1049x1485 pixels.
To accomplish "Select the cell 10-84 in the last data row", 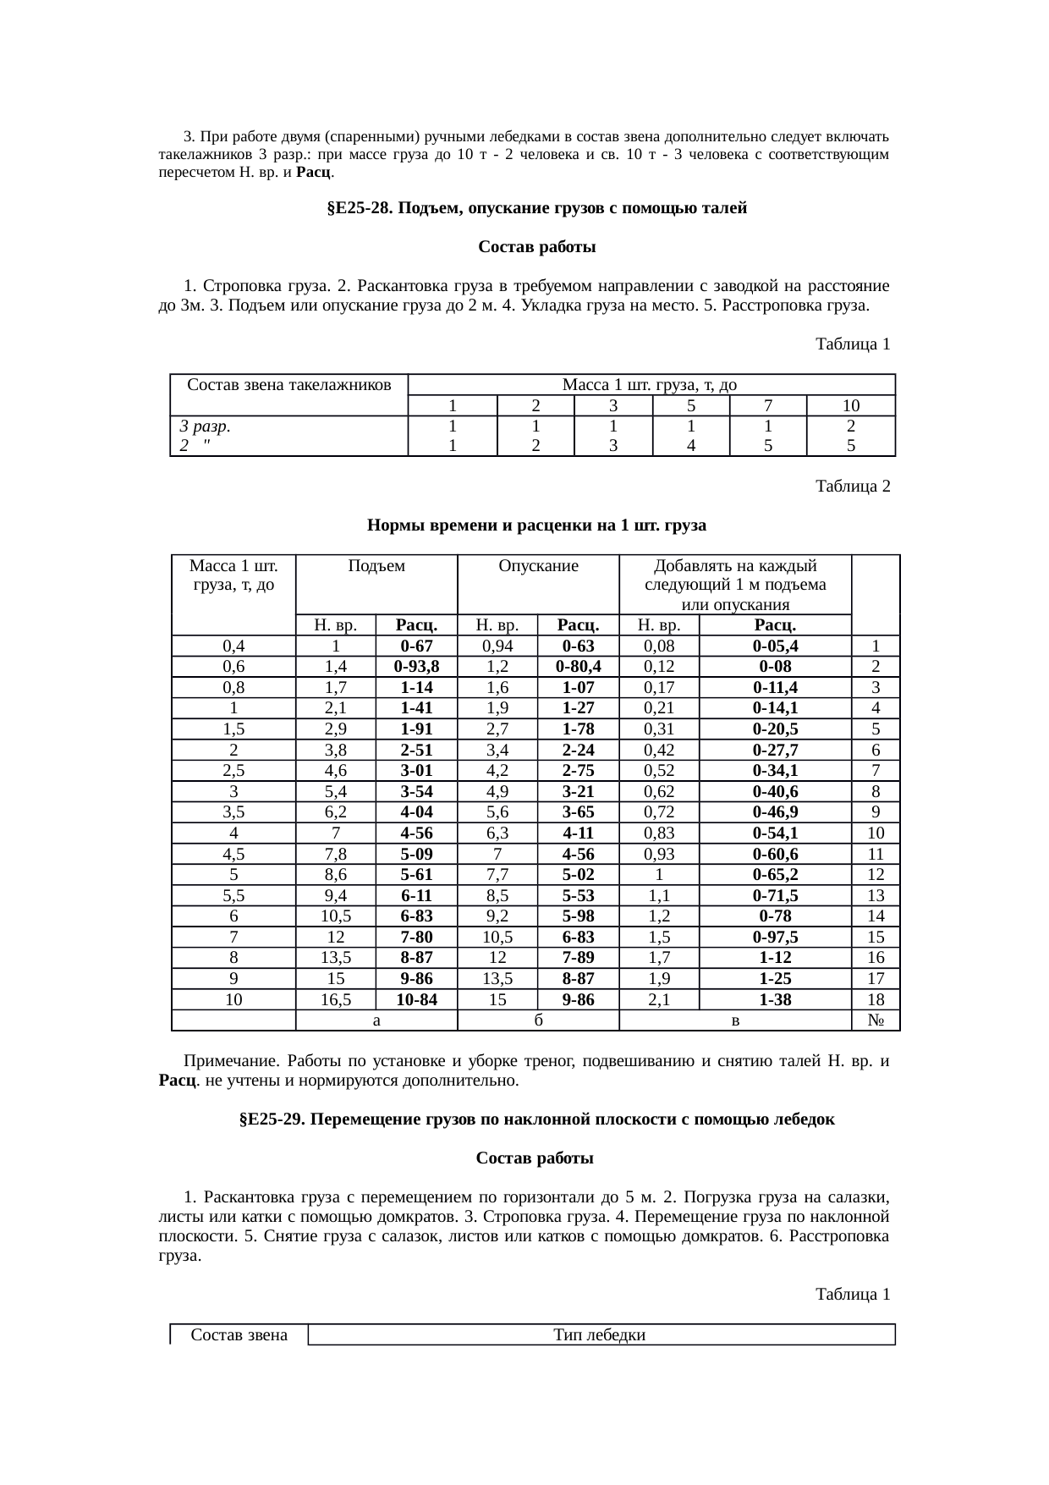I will pos(416,999).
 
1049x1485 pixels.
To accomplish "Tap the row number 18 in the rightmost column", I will pos(876,999).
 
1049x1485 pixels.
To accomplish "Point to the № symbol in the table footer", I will pos(876,1020).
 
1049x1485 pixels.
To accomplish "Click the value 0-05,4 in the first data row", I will pos(775,646).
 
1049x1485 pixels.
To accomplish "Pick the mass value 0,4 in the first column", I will pos(233,646).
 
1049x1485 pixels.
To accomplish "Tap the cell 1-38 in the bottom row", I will pos(775,999).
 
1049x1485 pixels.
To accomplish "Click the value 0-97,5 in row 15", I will pos(775,937).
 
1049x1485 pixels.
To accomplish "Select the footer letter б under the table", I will pos(538,1020).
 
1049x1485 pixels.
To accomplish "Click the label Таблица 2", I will pos(852,487).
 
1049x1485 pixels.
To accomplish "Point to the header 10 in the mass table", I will pos(850,405).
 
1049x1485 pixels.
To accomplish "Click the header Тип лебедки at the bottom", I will pos(600,1335).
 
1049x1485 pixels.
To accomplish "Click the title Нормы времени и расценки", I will pos(536,525).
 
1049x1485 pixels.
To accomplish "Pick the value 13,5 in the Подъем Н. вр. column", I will pos(336,958).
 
